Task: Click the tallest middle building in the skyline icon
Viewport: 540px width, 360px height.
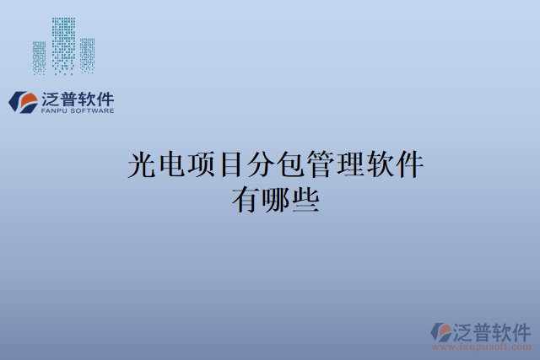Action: (x=63, y=44)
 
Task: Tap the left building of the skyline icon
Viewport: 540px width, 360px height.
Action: (x=40, y=57)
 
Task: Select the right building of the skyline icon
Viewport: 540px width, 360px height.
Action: (x=87, y=56)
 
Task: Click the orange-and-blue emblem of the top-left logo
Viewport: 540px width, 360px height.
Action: (x=22, y=101)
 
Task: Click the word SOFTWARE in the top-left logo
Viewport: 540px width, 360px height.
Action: (x=91, y=110)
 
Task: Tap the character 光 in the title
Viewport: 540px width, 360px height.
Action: (x=142, y=164)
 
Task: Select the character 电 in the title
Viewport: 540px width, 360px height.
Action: (x=172, y=164)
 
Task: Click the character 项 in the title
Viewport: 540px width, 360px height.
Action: (x=203, y=164)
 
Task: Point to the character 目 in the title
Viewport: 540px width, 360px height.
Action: (x=234, y=164)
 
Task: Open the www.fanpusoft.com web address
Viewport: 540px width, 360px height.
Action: (x=481, y=347)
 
